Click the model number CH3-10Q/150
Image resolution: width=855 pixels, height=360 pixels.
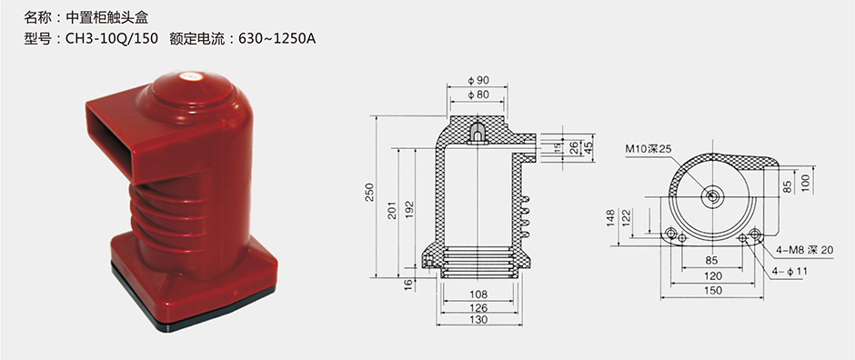[x=112, y=39]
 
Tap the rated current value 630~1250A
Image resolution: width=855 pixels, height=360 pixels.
[x=277, y=39]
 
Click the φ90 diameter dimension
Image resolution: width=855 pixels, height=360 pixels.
[x=478, y=80]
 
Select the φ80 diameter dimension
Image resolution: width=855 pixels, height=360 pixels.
[x=478, y=95]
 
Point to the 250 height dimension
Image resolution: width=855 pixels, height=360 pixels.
[x=370, y=192]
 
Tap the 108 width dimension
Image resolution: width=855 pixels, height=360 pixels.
[x=478, y=295]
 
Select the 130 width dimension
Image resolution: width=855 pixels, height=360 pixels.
[x=478, y=320]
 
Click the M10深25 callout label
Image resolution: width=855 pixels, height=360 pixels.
[x=649, y=149]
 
